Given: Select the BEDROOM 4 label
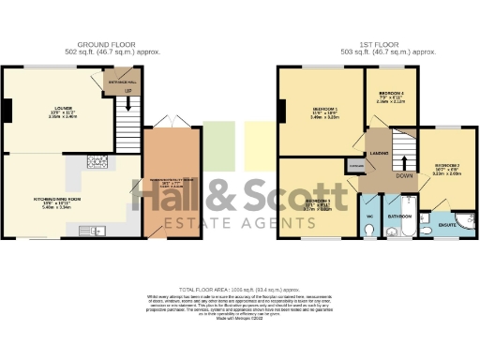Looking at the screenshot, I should pyautogui.click(x=391, y=96).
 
